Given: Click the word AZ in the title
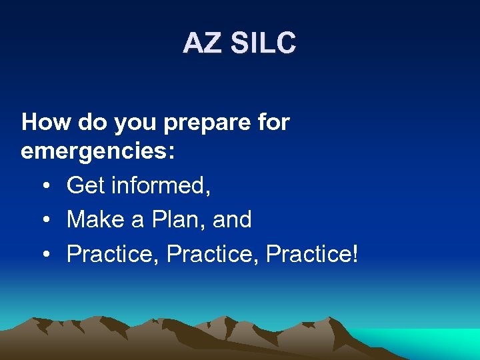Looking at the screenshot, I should [203, 44].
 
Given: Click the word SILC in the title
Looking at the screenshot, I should [263, 44].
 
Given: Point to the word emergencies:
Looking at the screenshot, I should [98, 153].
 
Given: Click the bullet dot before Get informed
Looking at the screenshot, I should [44, 185].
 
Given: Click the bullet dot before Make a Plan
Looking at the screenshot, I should [44, 219].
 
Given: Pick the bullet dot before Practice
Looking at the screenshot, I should [44, 253].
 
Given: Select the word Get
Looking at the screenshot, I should [85, 185].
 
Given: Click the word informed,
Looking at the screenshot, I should [161, 185].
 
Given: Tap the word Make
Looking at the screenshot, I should [97, 219].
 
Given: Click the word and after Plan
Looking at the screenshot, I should [231, 219].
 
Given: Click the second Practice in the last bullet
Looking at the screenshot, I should [212, 253].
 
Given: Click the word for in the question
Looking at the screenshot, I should [274, 122].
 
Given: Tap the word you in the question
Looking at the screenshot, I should [133, 123].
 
